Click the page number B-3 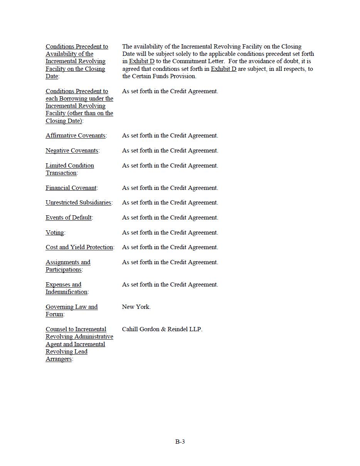tap(180, 442)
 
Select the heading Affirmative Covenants tap(76, 136)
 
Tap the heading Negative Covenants tap(72, 151)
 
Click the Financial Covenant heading tap(71, 188)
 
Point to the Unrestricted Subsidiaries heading tap(79, 203)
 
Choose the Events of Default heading tap(69, 218)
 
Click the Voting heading tap(55, 233)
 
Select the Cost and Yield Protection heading tap(79, 247)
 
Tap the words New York tap(136, 307)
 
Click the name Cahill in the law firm tap(130, 329)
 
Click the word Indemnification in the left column tap(66, 292)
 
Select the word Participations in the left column tap(64, 270)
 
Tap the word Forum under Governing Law tap(54, 314)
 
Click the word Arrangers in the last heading tap(59, 359)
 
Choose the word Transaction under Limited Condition tap(61, 173)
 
